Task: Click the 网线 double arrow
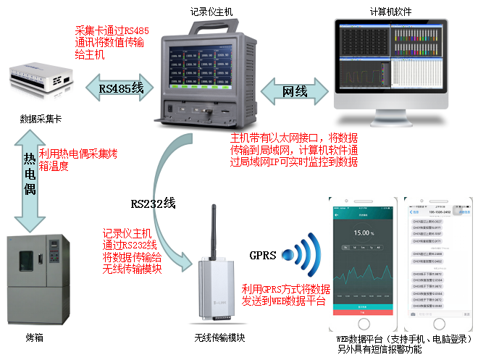[293, 92]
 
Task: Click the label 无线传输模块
[219, 338]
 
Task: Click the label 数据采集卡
[41, 118]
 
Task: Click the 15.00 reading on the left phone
[362, 233]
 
